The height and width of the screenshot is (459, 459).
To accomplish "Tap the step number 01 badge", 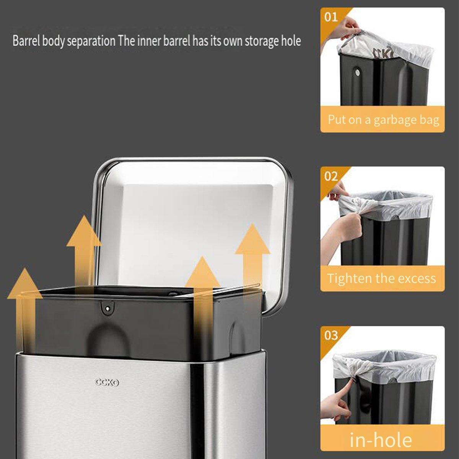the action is pos(331,17).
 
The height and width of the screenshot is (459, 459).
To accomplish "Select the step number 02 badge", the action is pos(331,176).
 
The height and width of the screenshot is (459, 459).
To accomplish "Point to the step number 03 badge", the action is pos(331,335).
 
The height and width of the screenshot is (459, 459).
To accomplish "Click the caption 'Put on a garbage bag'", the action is pos(383,120).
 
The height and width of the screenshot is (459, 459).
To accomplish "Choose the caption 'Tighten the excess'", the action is pos(382,278).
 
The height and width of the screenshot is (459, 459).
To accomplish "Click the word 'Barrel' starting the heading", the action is pos(26,41).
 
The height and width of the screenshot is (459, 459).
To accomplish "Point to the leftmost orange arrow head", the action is pos(25,283).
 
